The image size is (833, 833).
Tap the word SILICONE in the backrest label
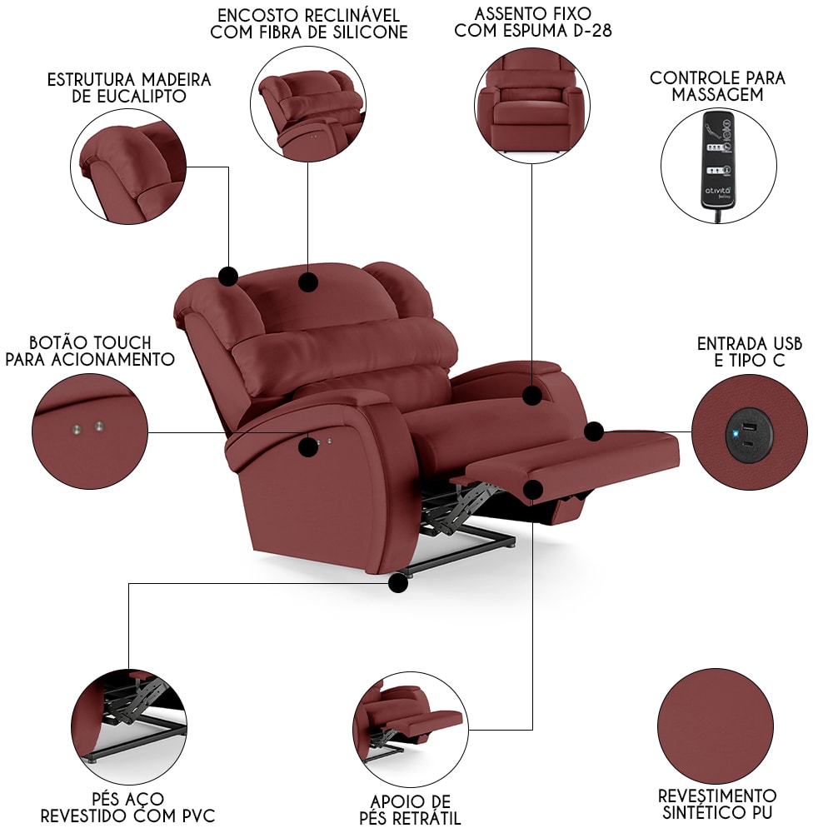click(x=371, y=32)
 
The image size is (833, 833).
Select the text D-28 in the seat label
click(x=592, y=30)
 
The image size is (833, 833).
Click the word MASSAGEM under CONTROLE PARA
click(x=717, y=95)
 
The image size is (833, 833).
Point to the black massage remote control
click(x=718, y=159)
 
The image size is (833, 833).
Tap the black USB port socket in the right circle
click(x=749, y=435)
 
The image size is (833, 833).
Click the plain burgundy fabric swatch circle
click(x=716, y=726)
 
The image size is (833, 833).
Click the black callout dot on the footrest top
click(x=594, y=431)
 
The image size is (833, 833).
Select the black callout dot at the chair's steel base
click(x=398, y=583)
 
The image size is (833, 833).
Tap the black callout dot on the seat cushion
click(x=531, y=395)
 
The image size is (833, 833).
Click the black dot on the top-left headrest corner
click(x=228, y=277)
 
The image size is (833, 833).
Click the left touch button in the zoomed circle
click(x=77, y=429)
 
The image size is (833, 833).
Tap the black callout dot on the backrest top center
click(x=307, y=282)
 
